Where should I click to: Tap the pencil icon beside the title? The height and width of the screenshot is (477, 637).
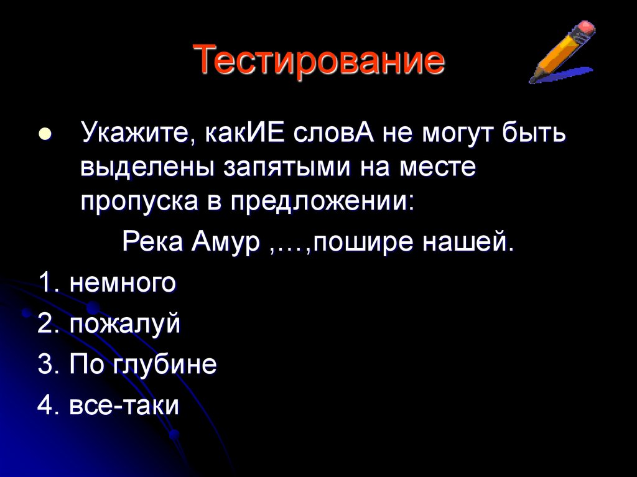pos(562,53)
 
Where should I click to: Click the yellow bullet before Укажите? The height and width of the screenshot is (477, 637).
pos(45,135)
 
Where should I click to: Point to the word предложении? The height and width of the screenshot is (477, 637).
pos(323,201)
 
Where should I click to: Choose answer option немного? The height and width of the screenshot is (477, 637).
pos(122,284)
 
